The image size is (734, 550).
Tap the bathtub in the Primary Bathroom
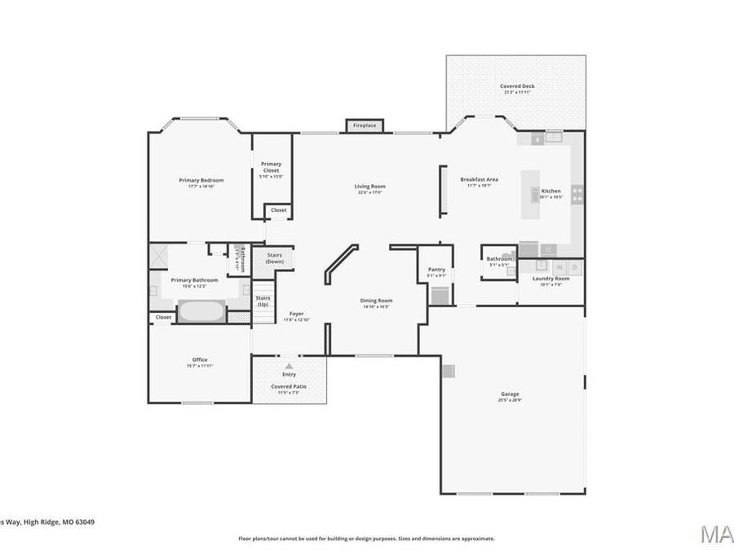click(x=201, y=311)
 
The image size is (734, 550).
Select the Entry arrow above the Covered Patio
click(x=288, y=367)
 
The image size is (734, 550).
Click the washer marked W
click(x=559, y=266)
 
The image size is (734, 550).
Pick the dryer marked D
click(x=575, y=266)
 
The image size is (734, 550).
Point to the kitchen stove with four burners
click(x=577, y=195)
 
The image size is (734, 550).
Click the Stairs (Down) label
click(x=274, y=258)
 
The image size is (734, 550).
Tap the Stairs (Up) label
click(x=263, y=301)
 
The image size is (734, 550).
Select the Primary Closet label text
click(x=271, y=167)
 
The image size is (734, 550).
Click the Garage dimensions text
click(x=510, y=400)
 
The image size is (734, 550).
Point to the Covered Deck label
click(x=515, y=86)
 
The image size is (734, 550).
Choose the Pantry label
click(x=436, y=270)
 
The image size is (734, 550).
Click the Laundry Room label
click(x=550, y=279)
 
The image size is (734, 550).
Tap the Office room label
click(x=200, y=359)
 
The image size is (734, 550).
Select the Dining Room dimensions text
click(x=376, y=307)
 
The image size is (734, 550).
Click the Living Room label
click(x=369, y=187)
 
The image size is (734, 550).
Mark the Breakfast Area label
click(x=479, y=179)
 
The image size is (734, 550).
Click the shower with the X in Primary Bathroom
click(x=157, y=255)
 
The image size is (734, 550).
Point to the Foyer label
click(x=296, y=314)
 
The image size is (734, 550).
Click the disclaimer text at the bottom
click(x=366, y=539)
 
